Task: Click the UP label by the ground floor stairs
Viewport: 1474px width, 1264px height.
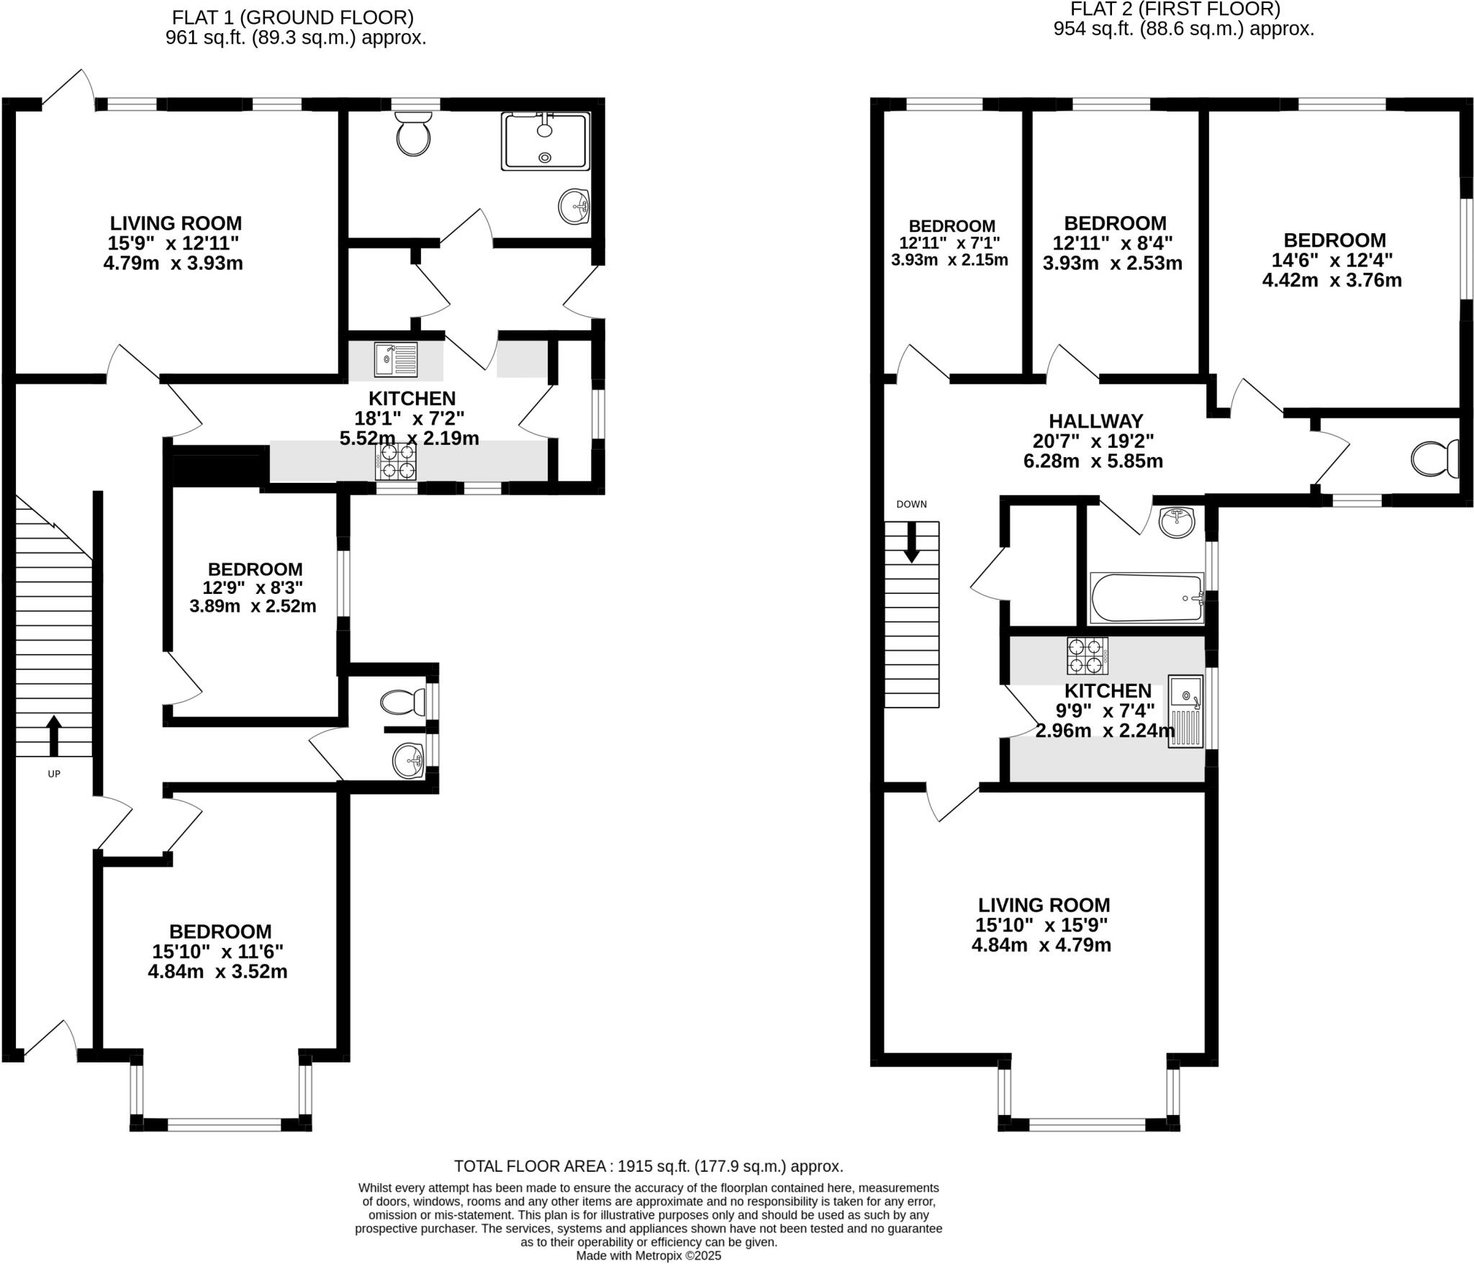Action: [54, 774]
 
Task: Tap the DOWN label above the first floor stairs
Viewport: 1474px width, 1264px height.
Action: [911, 504]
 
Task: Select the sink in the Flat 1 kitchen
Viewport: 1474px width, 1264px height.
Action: [395, 360]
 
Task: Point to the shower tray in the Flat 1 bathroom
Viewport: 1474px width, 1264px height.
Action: [545, 141]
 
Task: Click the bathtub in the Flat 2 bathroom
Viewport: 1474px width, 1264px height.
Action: [1147, 597]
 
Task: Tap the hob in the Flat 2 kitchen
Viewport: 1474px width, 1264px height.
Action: [1087, 655]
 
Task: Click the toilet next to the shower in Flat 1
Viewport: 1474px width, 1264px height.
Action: [412, 134]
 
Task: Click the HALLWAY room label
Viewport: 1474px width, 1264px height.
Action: [1095, 421]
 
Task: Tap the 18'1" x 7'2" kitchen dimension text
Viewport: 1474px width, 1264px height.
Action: [409, 417]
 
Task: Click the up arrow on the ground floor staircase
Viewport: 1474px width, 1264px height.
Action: [54, 734]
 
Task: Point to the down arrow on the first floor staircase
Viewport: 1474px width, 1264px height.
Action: [911, 541]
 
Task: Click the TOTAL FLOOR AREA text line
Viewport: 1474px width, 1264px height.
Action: [648, 1165]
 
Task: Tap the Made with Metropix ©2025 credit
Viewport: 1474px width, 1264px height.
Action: [648, 1255]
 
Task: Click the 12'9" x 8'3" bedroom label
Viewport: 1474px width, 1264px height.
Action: [255, 588]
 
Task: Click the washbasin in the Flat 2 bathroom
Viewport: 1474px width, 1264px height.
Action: [1177, 520]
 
